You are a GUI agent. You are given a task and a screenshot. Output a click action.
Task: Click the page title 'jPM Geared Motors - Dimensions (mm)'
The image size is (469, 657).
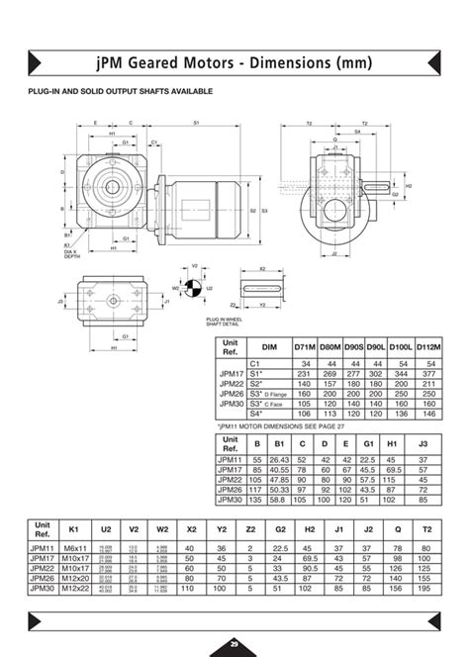[234, 63]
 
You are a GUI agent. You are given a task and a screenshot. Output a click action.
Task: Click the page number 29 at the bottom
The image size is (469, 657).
[234, 644]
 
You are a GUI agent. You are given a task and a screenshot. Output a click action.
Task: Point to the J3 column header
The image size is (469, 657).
[424, 445]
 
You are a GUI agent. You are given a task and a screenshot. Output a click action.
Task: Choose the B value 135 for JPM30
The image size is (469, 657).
[257, 501]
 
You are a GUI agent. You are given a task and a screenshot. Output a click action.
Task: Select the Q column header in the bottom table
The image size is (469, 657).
[397, 528]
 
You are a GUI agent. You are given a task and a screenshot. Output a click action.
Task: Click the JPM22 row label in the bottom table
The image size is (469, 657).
[43, 567]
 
